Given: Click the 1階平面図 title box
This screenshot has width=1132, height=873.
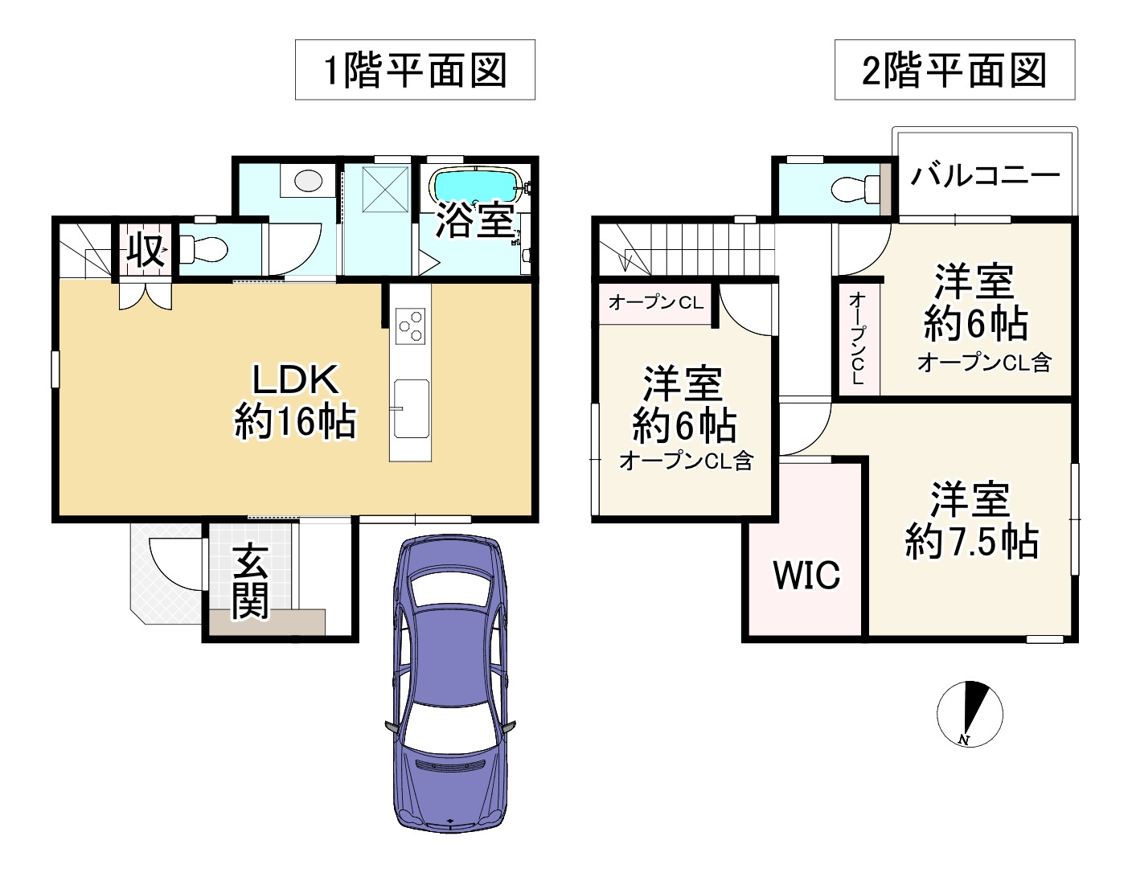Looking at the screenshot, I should click(415, 71).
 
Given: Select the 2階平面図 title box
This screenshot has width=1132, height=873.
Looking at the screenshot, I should click(954, 71).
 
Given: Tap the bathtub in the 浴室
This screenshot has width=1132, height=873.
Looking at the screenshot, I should click(478, 186).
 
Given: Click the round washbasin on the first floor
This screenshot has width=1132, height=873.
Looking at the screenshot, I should click(308, 181).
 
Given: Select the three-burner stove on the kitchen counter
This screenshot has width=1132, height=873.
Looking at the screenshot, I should click(410, 326).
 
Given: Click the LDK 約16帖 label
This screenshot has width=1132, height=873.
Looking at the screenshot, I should click(295, 400).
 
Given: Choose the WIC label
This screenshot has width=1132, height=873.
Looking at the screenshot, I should click(806, 575).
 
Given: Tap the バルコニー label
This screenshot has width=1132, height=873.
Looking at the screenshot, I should click(985, 174).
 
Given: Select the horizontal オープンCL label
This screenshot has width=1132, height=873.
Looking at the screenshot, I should click(655, 302).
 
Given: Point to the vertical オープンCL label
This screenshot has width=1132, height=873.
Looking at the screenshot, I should click(857, 338).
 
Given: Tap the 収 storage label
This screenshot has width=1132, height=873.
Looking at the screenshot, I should click(146, 250).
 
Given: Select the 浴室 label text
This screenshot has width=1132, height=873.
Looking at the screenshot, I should click(474, 219).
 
